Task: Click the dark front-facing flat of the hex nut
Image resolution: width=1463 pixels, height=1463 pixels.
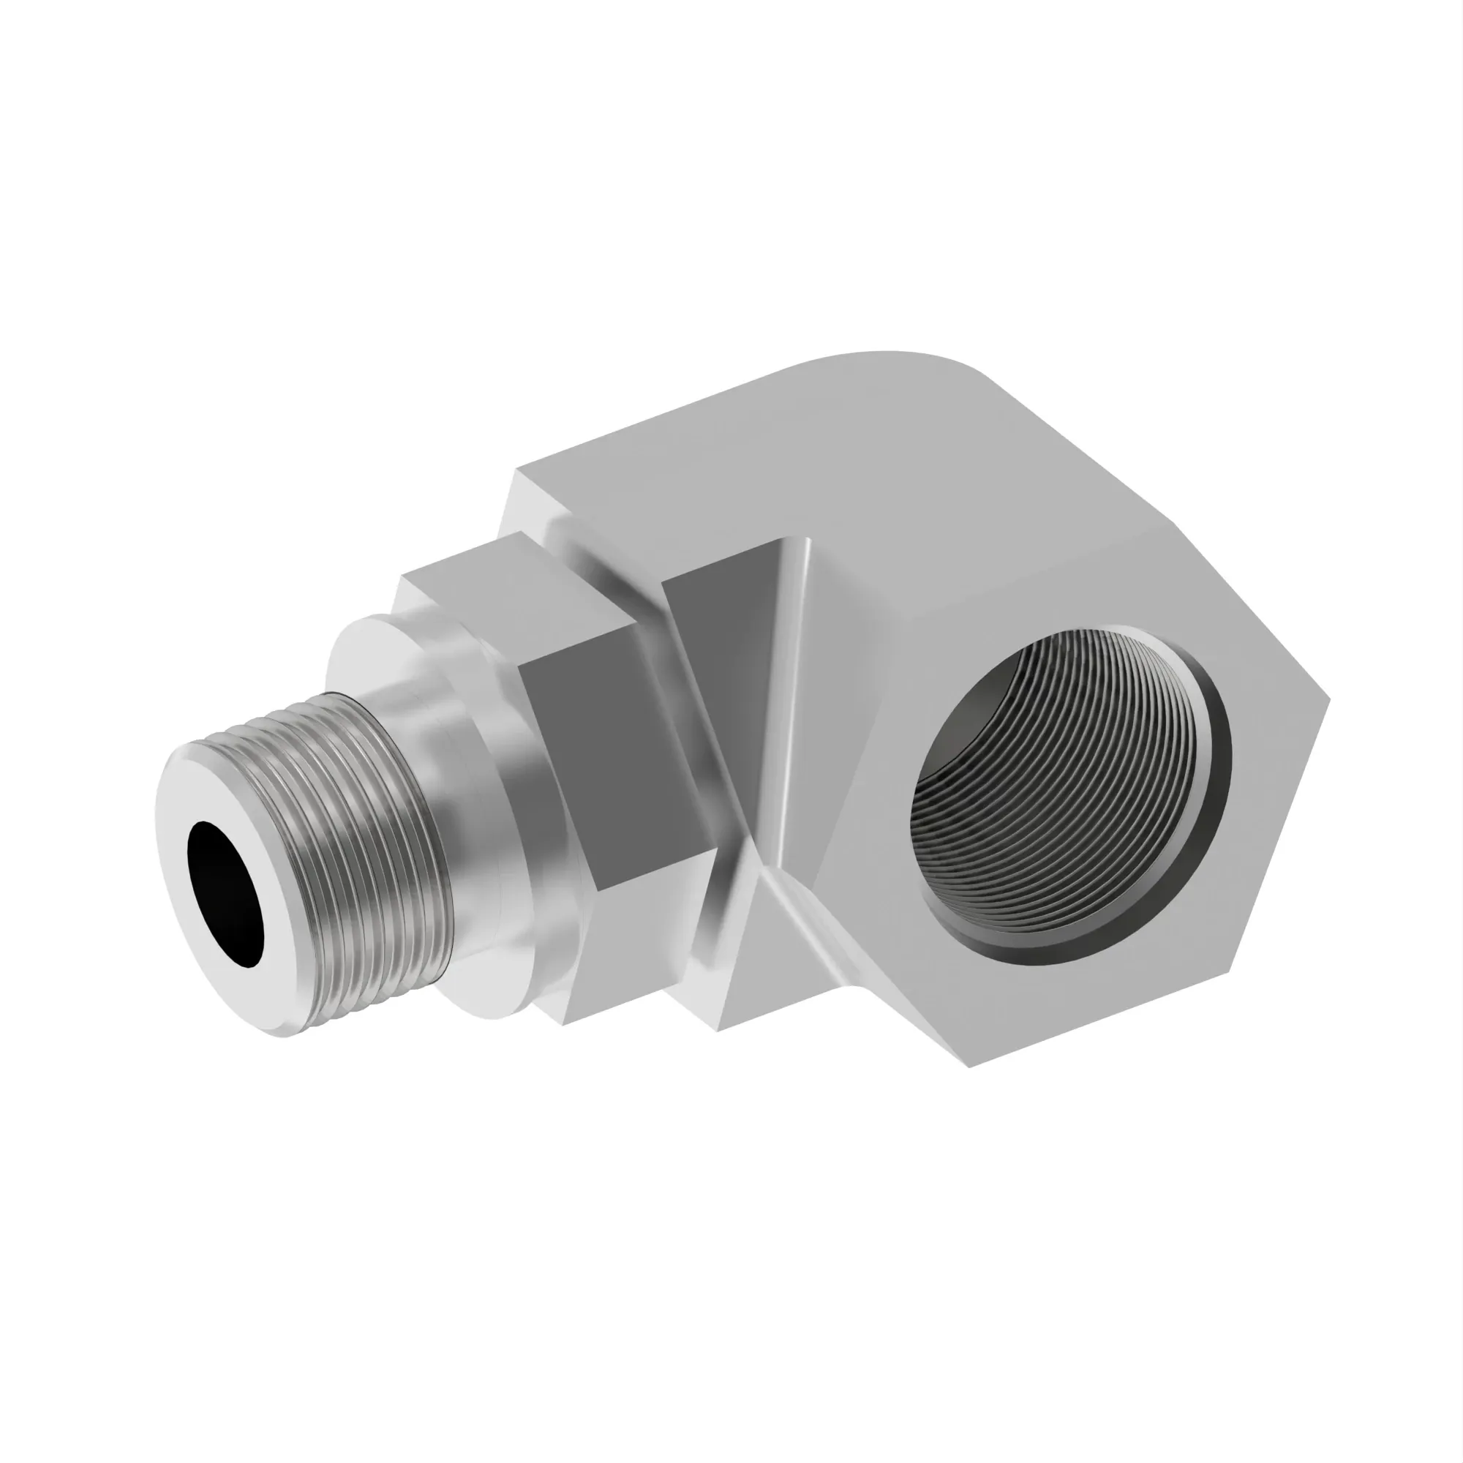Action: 606,757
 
